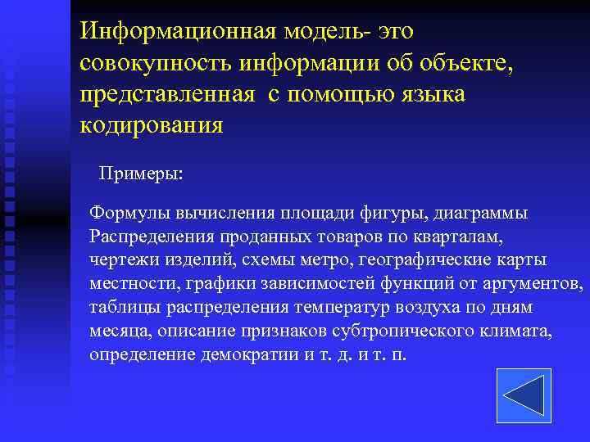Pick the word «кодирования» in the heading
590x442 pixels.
pyautogui.click(x=151, y=126)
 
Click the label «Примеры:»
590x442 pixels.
pyautogui.click(x=141, y=174)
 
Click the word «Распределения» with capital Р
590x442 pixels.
pyautogui.click(x=151, y=237)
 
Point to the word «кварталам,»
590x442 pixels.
pyautogui.click(x=464, y=237)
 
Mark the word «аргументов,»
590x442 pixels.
pyautogui.click(x=536, y=283)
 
